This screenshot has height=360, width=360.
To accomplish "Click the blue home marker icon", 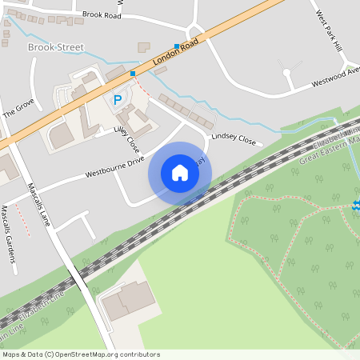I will tap(180, 172).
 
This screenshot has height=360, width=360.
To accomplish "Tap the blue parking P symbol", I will tap(118, 100).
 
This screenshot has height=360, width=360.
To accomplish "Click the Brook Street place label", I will tap(55, 48).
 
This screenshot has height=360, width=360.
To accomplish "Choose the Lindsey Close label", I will tap(233, 141).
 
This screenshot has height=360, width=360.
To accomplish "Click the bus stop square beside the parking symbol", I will tap(133, 74).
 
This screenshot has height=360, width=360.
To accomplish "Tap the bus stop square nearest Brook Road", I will tap(177, 46).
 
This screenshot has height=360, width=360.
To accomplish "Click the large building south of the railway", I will tap(128, 302).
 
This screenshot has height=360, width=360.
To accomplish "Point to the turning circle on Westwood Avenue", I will tap(286, 73).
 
